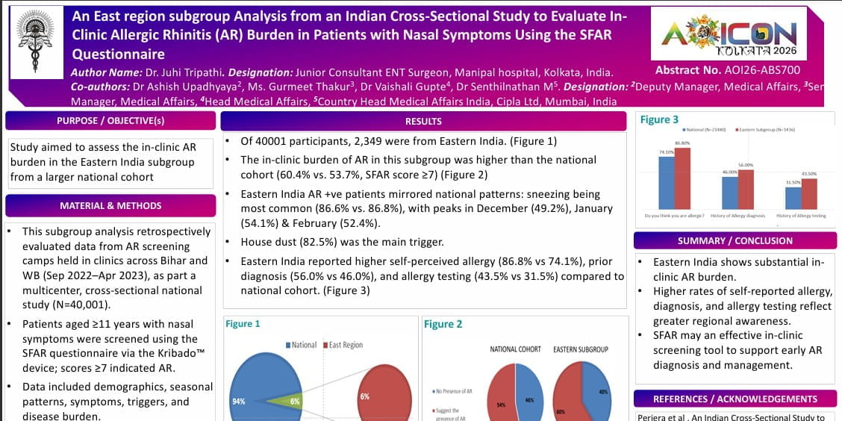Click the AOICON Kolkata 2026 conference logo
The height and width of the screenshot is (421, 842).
(729, 34)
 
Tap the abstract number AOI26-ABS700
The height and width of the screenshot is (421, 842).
(727, 70)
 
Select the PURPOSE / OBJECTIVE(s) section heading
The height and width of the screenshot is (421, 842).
(110, 121)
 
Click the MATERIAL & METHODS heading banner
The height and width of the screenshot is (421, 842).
(110, 205)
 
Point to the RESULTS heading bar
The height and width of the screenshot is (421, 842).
(423, 121)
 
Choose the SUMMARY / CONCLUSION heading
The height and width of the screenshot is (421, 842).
(735, 240)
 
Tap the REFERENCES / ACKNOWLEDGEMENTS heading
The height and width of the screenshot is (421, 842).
(735, 399)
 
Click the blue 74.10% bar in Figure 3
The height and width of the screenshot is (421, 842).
(667, 183)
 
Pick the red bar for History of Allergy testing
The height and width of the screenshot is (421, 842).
(809, 193)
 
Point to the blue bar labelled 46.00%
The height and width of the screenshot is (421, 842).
(730, 193)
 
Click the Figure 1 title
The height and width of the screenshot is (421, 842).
(243, 324)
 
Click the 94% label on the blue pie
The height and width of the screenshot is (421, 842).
(239, 401)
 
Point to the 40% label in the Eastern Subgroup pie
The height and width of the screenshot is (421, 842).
(602, 392)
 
